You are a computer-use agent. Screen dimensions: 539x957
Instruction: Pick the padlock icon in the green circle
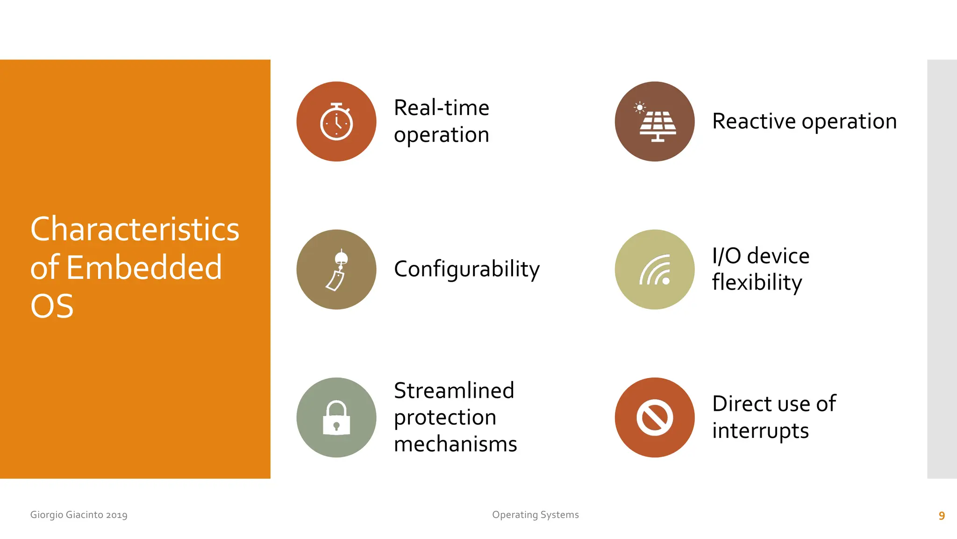tap(336, 418)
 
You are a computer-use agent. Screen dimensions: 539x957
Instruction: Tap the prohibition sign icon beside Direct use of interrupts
tap(655, 417)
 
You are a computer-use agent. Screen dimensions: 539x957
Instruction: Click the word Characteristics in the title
tap(135, 229)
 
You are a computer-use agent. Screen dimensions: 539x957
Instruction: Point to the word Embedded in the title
tap(144, 268)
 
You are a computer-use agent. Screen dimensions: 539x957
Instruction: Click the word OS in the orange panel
tap(52, 306)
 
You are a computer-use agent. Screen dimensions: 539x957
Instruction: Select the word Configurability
tap(466, 269)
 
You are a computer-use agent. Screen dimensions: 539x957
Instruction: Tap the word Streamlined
tap(454, 390)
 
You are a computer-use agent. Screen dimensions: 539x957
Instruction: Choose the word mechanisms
tap(455, 444)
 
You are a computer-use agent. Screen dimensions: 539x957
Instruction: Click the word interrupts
tap(760, 430)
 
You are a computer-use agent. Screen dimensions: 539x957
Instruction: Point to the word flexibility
tap(757, 283)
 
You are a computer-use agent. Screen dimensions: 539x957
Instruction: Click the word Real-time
tap(441, 108)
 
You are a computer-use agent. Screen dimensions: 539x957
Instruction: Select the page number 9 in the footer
tap(942, 516)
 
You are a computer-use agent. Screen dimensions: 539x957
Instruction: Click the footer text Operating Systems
tap(535, 515)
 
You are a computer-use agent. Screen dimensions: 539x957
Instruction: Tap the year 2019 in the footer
tap(116, 515)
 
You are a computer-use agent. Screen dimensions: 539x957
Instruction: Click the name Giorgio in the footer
tap(47, 515)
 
